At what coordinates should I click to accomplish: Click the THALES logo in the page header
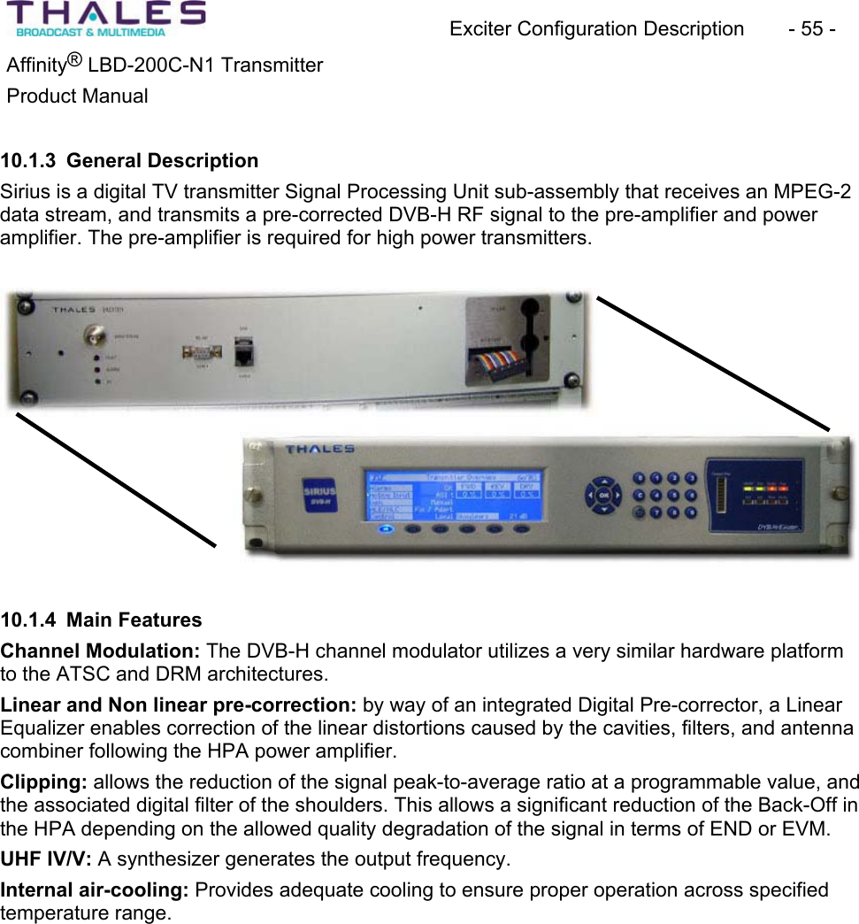pyautogui.click(x=106, y=19)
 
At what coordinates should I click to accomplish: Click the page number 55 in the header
pyautogui.click(x=811, y=29)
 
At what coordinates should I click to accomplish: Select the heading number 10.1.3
pyautogui.click(x=27, y=161)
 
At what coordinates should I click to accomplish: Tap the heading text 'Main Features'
pyautogui.click(x=134, y=620)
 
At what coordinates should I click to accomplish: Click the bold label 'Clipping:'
pyautogui.click(x=44, y=782)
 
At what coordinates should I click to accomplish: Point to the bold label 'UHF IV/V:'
pyautogui.click(x=47, y=859)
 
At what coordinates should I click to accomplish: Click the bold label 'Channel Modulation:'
pyautogui.click(x=101, y=651)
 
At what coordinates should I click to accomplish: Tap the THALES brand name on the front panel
pyautogui.click(x=320, y=450)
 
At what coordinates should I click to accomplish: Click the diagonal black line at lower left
pyautogui.click(x=116, y=478)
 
